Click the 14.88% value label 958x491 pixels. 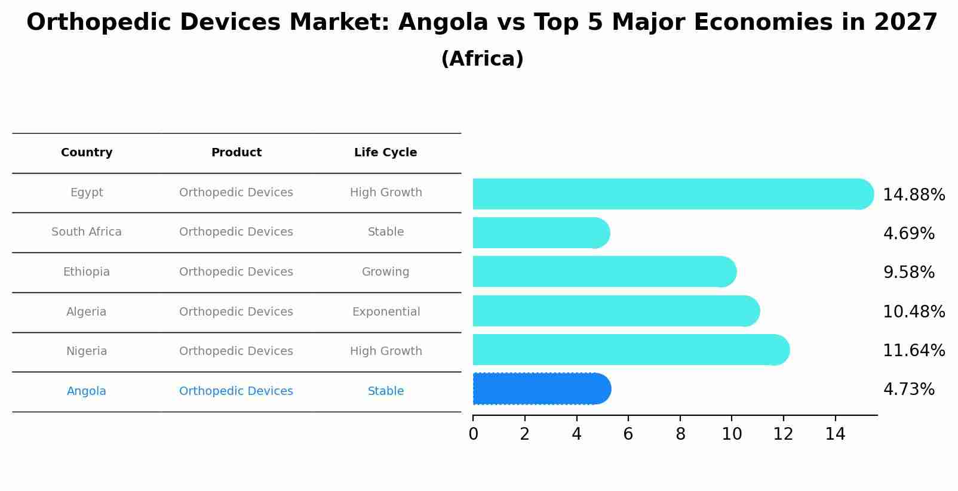pyautogui.click(x=913, y=195)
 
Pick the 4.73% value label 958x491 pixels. pyautogui.click(x=908, y=390)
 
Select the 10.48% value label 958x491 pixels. pyautogui.click(x=913, y=312)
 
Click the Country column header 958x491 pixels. pyautogui.click(x=87, y=153)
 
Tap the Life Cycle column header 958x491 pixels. pyautogui.click(x=385, y=153)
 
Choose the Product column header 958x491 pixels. pyautogui.click(x=236, y=153)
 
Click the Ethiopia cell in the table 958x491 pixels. pyautogui.click(x=87, y=272)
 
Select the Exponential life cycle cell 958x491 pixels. pyautogui.click(x=386, y=312)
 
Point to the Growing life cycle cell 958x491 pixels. pyautogui.click(x=385, y=272)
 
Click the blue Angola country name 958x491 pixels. pyautogui.click(x=87, y=391)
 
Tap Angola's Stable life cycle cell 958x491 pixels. pyautogui.click(x=386, y=391)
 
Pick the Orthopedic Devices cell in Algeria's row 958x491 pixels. pyautogui.click(x=236, y=312)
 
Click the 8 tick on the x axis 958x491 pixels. pyautogui.click(x=680, y=434)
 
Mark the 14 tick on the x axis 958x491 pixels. pyautogui.click(x=835, y=434)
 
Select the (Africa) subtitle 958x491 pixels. pyautogui.click(x=482, y=59)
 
